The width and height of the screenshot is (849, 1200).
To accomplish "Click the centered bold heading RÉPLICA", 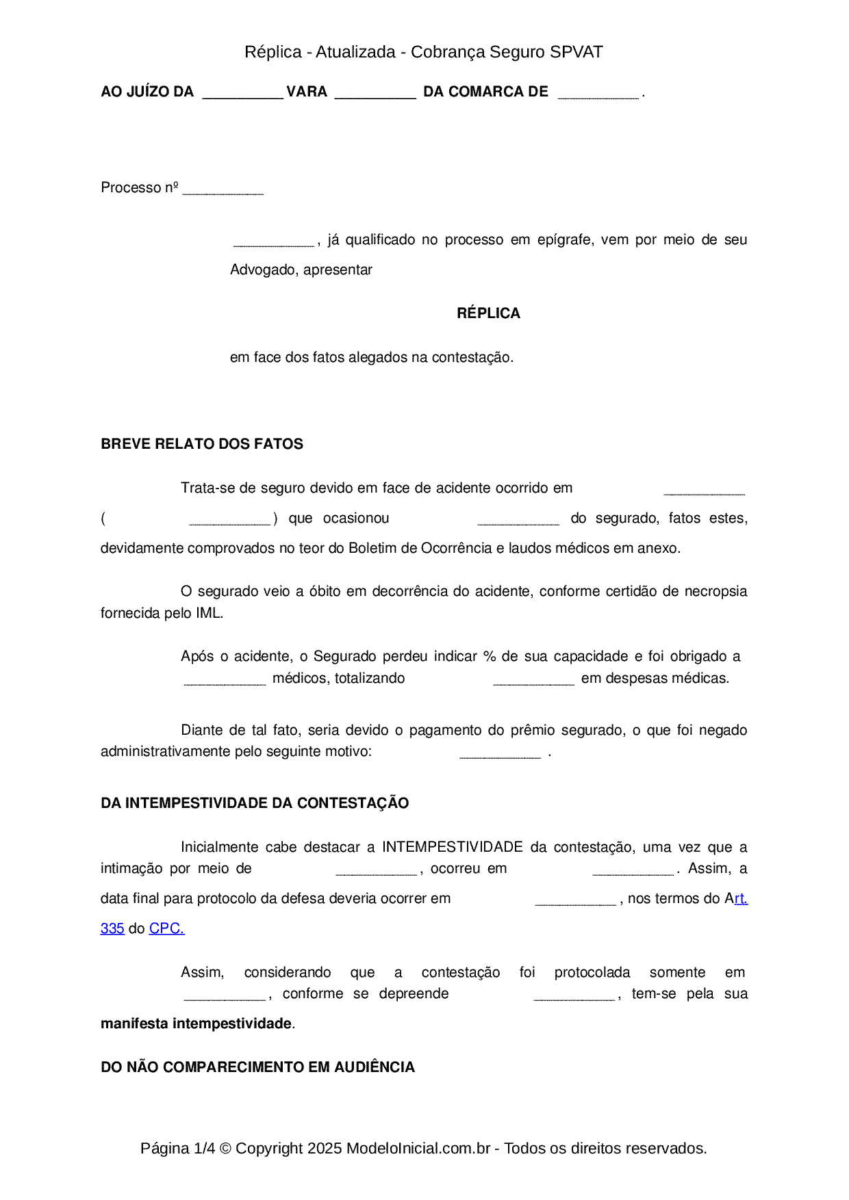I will pos(488,313).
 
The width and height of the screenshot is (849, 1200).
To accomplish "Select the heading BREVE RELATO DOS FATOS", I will pos(202,444).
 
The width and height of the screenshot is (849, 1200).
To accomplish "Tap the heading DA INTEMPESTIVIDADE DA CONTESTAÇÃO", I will pos(255,803).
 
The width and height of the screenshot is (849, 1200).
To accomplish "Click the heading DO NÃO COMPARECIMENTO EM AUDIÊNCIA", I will pos(257,1067).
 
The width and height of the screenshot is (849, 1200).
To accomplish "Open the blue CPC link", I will pos(166,928).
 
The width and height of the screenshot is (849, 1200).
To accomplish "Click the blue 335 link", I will pos(112,928).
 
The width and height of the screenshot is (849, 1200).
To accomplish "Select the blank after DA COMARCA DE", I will pos(598,94).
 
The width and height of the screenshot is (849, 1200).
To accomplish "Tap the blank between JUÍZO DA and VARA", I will pos(242,94).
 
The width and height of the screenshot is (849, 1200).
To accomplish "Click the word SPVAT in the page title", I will pos(576,52).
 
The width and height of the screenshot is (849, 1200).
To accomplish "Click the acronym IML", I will pos(208,613).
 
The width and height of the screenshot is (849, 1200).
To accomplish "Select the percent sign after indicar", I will pos(489,656).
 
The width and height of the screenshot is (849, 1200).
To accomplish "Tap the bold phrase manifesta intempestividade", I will pos(196,1023).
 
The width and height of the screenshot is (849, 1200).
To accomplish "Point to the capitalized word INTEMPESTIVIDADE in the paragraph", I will pos(453,847).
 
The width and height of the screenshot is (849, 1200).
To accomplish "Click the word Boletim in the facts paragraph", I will pos(372,548).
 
